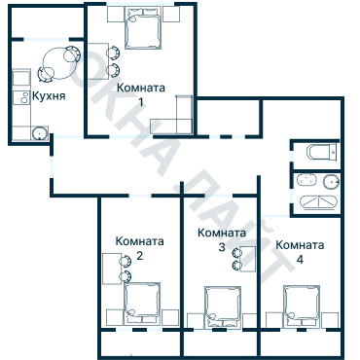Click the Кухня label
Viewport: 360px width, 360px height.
50,97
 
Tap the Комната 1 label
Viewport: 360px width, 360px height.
141,94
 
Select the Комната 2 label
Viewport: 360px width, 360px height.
139,248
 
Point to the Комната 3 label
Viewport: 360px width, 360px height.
221,240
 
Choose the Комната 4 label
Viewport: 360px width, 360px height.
299,252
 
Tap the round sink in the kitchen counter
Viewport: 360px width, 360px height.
39,133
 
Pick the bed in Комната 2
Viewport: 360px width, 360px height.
143,301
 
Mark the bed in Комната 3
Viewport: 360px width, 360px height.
221,306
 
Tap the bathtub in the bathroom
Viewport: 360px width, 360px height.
318,152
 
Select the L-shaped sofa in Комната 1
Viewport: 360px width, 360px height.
174,122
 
